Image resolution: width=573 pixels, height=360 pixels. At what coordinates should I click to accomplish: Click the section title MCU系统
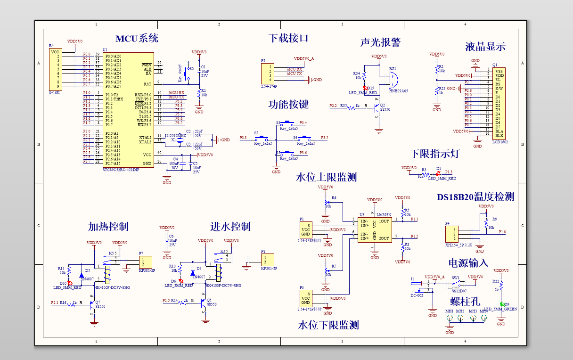click(x=137, y=39)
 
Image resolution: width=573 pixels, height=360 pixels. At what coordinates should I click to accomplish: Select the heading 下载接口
click(x=288, y=38)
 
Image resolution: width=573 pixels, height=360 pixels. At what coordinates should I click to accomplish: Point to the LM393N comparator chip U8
click(x=374, y=229)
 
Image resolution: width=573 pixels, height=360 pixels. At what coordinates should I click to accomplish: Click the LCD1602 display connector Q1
click(x=499, y=103)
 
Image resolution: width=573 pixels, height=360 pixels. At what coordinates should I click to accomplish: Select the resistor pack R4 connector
click(x=55, y=69)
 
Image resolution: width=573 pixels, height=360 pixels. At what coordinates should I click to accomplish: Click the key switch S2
click(x=262, y=139)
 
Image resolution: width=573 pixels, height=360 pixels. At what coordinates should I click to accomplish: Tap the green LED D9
click(x=502, y=305)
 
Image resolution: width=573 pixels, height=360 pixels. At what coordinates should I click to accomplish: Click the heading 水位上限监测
click(x=326, y=177)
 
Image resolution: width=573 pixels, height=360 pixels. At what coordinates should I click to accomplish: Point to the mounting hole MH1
click(x=450, y=319)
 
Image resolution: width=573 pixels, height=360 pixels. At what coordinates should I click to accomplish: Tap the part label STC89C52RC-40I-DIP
click(x=121, y=170)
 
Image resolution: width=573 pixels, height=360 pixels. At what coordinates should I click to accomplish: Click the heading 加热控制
click(x=108, y=227)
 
